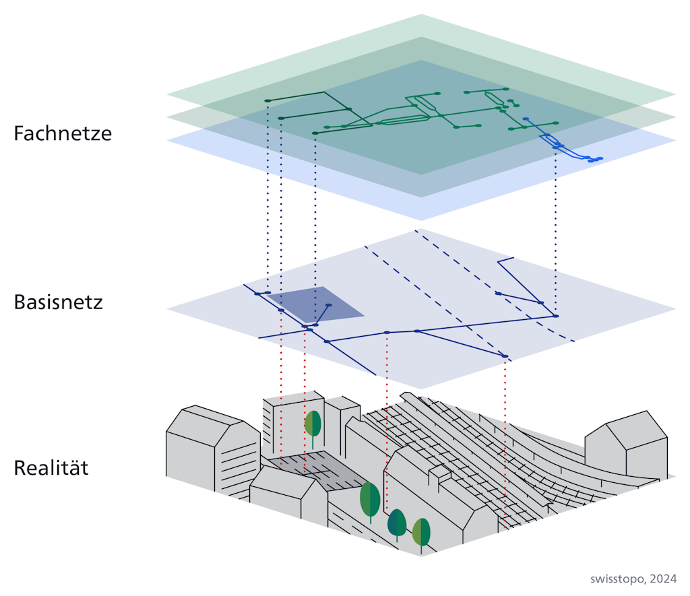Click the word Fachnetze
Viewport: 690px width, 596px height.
[63, 133]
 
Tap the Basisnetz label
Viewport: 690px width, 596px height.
[58, 302]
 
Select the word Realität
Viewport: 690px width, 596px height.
[51, 467]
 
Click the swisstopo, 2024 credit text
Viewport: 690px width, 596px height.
[633, 579]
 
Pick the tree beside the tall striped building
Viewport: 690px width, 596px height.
[313, 426]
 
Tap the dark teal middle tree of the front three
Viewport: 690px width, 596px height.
[397, 523]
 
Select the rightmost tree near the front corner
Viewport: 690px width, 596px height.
[421, 533]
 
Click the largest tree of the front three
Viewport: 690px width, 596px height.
[370, 500]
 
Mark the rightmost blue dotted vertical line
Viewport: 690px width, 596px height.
[555, 229]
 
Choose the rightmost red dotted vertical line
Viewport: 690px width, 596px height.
[505, 438]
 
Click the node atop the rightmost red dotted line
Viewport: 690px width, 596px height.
[505, 356]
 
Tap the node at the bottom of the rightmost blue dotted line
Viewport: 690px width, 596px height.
[555, 315]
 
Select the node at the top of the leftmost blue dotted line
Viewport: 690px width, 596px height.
[268, 101]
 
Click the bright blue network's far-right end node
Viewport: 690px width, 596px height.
[600, 159]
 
